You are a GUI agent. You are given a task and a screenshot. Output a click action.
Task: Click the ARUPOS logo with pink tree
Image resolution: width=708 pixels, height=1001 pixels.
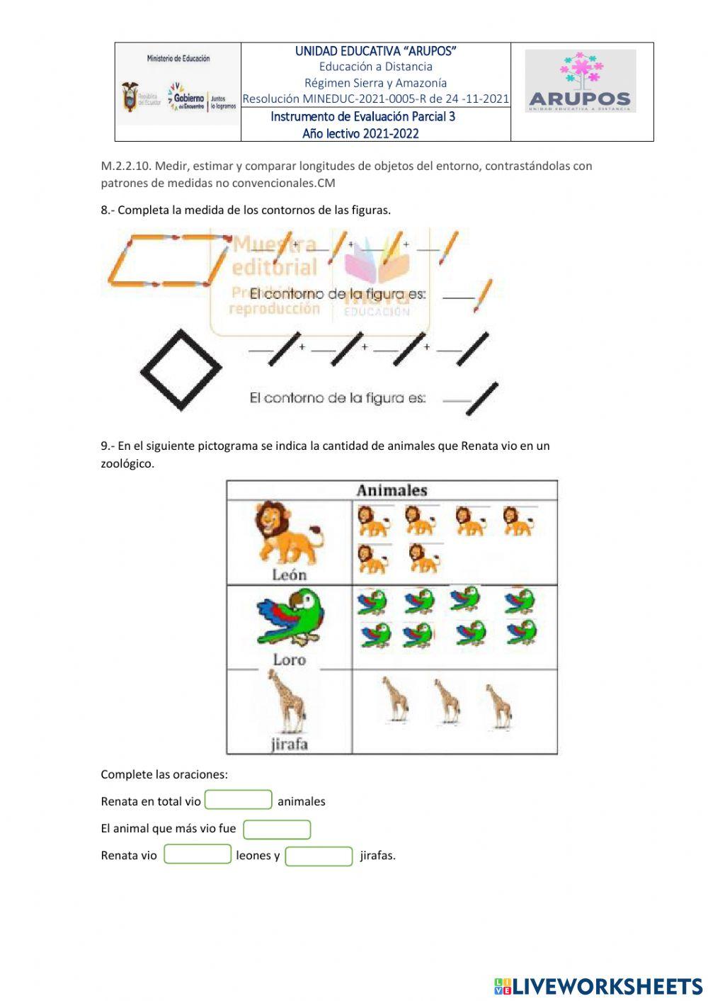point(581,81)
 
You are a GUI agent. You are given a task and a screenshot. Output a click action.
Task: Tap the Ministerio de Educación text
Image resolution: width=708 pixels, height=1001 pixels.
point(178,59)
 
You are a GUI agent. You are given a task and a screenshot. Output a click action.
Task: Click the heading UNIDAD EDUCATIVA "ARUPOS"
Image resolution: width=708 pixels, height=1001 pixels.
point(375,51)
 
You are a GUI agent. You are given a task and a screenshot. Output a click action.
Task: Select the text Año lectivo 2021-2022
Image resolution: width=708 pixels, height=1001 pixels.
point(360,134)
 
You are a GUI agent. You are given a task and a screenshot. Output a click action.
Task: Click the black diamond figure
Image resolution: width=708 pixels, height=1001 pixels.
point(181,369)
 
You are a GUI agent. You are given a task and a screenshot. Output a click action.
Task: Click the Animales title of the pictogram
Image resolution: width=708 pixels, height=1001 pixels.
point(392,490)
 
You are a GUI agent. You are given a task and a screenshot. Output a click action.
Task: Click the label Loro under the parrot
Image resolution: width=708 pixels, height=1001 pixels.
point(289,660)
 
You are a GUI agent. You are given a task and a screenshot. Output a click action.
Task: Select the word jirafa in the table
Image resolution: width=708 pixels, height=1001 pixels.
point(289,744)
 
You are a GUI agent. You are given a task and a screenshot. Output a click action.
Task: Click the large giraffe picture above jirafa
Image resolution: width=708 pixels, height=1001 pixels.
point(286,701)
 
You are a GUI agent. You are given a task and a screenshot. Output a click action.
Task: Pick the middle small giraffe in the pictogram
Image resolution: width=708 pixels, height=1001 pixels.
point(447,701)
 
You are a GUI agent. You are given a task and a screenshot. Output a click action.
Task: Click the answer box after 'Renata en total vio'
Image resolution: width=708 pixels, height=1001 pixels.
point(239,800)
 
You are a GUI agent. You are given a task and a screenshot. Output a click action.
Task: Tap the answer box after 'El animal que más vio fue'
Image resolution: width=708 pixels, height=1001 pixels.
point(277,829)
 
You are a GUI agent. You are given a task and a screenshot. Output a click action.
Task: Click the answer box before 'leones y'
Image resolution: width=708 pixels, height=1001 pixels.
point(198,854)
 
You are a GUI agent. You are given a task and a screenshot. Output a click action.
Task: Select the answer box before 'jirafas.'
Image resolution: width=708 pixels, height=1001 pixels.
point(319,856)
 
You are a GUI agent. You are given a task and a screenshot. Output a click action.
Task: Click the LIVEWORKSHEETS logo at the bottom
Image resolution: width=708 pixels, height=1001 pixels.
point(598,986)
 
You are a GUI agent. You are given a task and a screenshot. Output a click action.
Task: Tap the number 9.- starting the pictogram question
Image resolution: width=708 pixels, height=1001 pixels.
point(108,446)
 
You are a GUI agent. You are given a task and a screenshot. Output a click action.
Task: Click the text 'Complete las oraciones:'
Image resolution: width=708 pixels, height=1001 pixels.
point(164,774)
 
